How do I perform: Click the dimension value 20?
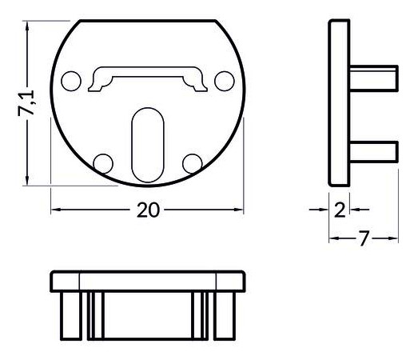[x=148, y=210]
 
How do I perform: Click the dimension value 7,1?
[x=26, y=103]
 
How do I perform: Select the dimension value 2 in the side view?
[x=340, y=210]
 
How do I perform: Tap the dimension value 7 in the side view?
[x=364, y=238]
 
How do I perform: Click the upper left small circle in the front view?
[x=71, y=81]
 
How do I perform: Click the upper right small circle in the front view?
[x=225, y=81]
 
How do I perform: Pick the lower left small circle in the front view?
[x=103, y=164]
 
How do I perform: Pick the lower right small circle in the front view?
[x=193, y=164]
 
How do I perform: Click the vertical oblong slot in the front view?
[x=148, y=145]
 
